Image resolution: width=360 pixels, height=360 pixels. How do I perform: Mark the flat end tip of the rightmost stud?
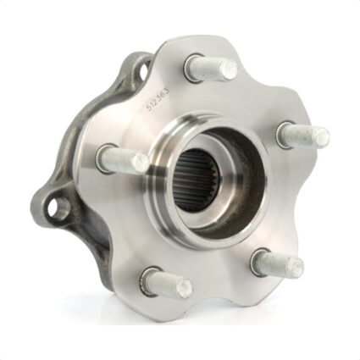tap(322, 135)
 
